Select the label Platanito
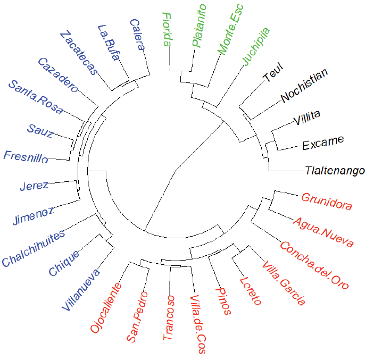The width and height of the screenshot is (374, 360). tap(198, 26)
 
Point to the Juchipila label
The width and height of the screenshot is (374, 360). tap(257, 46)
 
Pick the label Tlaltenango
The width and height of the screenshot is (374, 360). tap(335, 171)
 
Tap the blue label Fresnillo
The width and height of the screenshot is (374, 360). tap(26, 157)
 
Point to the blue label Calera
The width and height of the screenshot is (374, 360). tap(137, 35)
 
